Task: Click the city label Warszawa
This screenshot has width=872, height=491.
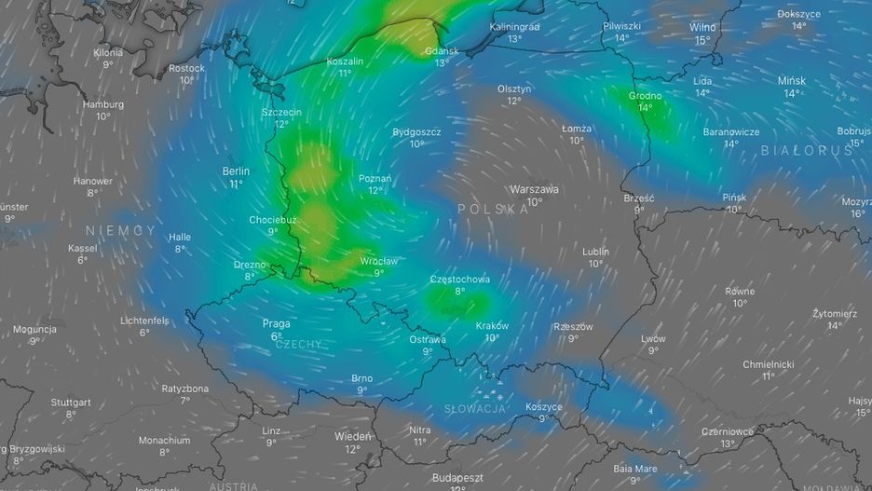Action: click(x=534, y=189)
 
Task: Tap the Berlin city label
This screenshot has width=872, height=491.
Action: click(x=236, y=171)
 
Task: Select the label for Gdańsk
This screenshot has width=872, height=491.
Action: click(x=442, y=51)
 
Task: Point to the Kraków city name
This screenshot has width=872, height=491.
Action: click(x=492, y=326)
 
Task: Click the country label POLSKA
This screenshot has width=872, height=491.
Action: click(x=494, y=210)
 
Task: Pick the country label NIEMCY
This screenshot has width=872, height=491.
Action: click(x=121, y=230)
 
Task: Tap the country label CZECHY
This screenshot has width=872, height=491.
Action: click(x=299, y=345)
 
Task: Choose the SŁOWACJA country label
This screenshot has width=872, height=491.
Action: click(x=474, y=409)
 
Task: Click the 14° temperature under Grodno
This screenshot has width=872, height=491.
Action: click(x=645, y=107)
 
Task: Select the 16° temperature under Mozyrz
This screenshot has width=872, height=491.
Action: click(x=858, y=213)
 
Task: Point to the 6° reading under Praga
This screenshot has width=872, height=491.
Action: click(x=277, y=336)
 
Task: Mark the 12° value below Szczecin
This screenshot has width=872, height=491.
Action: click(x=281, y=124)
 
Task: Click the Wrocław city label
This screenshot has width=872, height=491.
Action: click(x=379, y=262)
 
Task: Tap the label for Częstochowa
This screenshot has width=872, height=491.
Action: click(x=459, y=280)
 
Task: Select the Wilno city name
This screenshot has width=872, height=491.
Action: click(x=702, y=28)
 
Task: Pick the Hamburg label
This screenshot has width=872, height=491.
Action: click(x=102, y=104)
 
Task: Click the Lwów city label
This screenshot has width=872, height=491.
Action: click(x=653, y=339)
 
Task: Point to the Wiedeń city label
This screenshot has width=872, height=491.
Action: click(x=353, y=436)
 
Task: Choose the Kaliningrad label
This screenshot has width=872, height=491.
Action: click(x=514, y=27)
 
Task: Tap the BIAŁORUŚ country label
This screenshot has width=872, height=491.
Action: click(x=807, y=150)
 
